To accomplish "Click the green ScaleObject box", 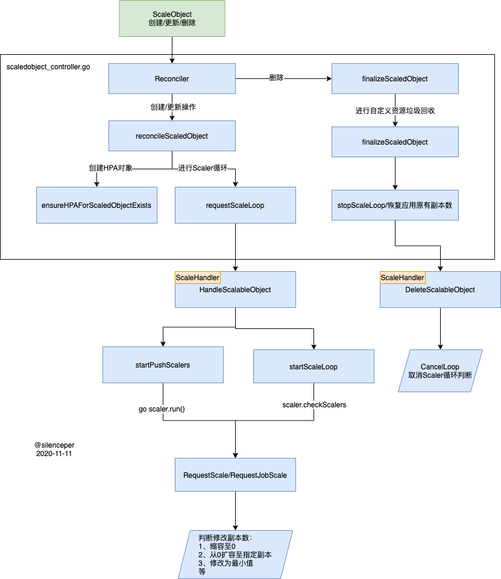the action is click(172, 19).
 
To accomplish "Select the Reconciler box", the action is click(172, 79).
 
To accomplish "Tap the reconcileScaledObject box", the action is click(172, 136).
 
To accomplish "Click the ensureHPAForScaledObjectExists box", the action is click(96, 205).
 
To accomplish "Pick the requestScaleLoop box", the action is click(235, 205).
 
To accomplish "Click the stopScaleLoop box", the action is click(395, 205).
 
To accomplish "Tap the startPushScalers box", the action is click(163, 365).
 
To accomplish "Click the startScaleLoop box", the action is click(314, 366).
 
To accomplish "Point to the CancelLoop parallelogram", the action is click(440, 371).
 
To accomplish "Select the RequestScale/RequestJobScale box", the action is click(235, 475).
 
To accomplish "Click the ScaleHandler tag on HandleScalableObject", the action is click(197, 278).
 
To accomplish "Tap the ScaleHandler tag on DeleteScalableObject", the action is click(402, 278).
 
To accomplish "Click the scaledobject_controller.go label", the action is click(48, 67).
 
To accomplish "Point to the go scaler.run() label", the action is click(162, 409).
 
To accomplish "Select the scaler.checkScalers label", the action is click(315, 405).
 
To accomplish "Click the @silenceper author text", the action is click(54, 445).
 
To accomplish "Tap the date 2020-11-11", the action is click(54, 454).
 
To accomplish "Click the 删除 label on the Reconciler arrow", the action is click(276, 78).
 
